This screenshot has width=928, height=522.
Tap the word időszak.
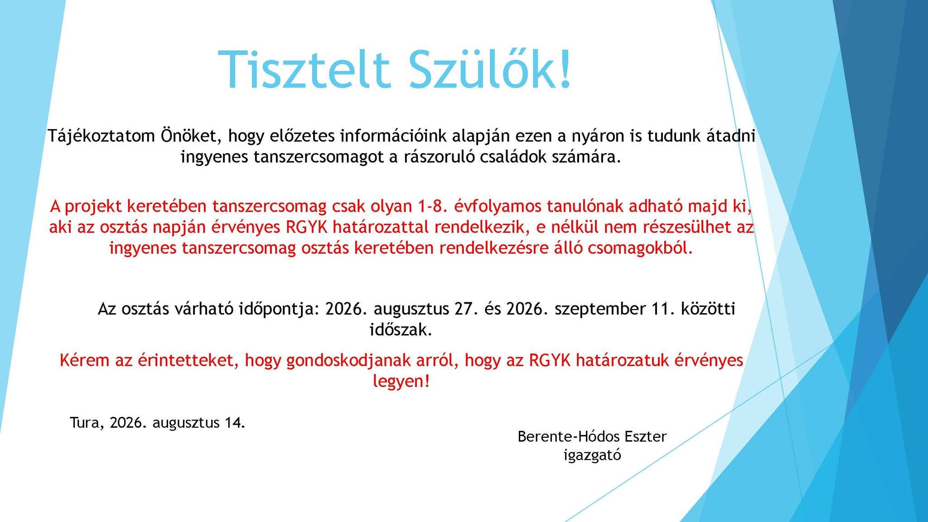click(401, 329)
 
